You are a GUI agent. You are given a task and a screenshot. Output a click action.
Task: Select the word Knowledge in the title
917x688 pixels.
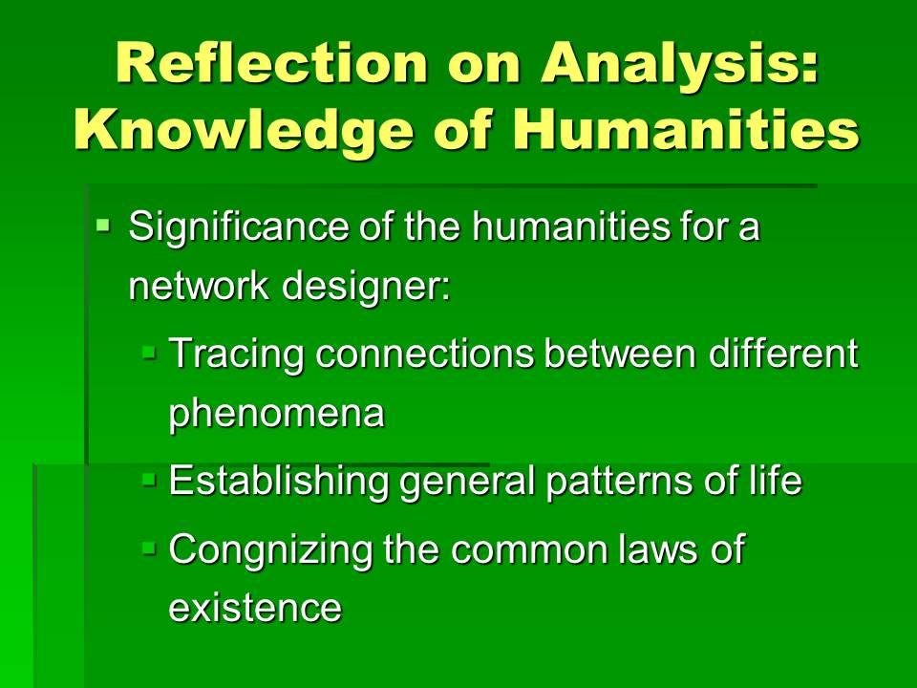244,132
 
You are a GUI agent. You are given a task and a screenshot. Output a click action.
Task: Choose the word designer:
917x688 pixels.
366,288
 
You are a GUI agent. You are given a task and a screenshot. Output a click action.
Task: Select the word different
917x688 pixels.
783,353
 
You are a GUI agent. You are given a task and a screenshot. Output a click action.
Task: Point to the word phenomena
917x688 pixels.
277,414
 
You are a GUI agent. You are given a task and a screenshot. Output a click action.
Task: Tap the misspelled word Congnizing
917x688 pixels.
270,550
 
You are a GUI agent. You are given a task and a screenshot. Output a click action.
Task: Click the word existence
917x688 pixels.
255,608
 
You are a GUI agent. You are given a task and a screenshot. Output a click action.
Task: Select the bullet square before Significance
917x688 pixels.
103,224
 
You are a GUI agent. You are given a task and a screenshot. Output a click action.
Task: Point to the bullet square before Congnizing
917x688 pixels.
149,548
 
